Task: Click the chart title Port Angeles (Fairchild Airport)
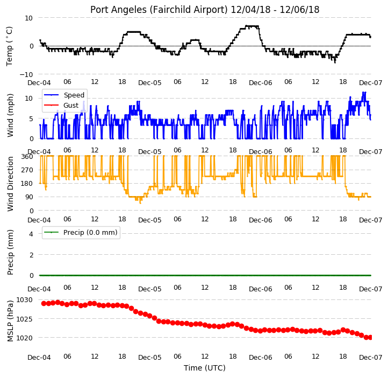coord(159,10)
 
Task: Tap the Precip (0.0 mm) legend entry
coord(81,233)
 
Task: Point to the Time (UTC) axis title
coord(205,368)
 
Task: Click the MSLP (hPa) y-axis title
coord(10,321)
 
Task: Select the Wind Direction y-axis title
coord(10,184)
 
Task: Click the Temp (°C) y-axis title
coord(9,46)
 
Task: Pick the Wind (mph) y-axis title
coord(10,115)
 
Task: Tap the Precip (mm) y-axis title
coord(10,252)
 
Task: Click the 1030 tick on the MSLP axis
coord(24,300)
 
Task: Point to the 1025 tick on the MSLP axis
coord(24,319)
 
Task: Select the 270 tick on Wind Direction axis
coord(27,170)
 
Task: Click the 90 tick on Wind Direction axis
coord(30,197)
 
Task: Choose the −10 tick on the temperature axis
coord(26,74)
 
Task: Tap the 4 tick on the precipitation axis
coord(31,234)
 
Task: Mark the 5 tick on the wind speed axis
coord(31,119)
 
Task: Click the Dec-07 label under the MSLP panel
coord(370,358)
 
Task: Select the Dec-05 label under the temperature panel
coord(150,83)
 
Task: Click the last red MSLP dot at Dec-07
coord(370,337)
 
